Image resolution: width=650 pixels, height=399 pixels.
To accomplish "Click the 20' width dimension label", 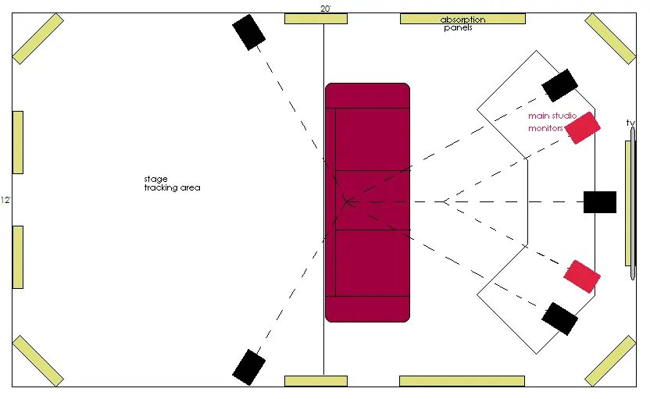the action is coord(326,9).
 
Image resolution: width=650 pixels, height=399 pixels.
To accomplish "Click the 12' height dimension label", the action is coord(5,200).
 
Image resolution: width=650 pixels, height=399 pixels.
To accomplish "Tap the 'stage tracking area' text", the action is coord(172,183).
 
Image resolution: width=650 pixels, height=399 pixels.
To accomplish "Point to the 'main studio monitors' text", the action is coord(552,122).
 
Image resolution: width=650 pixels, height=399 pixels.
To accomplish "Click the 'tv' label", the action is coord(630,123).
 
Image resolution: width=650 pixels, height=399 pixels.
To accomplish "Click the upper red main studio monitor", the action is coord(583,128).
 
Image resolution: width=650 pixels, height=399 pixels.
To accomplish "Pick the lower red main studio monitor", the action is coord(582,276).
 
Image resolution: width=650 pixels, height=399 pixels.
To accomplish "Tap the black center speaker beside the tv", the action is coord(600,202).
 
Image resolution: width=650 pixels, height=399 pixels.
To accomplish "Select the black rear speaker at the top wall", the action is coord(248,32).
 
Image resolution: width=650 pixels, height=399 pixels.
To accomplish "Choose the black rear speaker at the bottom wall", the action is coord(248,367).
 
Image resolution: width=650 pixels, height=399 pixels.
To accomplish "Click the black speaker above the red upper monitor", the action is coord(559,85).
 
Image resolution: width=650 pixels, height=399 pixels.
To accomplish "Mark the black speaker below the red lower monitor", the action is coord(559,319).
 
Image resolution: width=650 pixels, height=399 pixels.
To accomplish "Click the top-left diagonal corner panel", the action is coord(38,39).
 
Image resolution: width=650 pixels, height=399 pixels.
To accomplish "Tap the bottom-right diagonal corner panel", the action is coord(610,361).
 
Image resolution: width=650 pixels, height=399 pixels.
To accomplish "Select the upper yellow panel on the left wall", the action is coord(18,143).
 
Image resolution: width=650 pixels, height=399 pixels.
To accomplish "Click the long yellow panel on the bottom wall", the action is coord(462,381).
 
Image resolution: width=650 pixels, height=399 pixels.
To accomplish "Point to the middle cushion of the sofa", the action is coord(372,200).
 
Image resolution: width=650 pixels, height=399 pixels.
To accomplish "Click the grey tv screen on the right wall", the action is coord(633,204).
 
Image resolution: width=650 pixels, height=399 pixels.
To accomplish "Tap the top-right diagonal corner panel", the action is coord(610,39).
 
